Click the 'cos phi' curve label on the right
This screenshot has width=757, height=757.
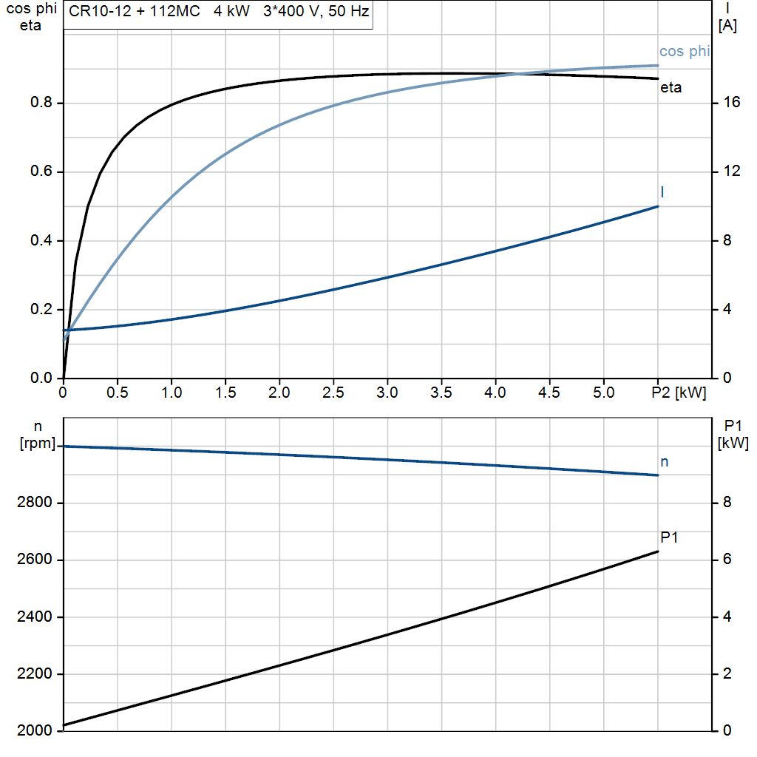point(684,51)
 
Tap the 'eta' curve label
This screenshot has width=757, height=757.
point(671,88)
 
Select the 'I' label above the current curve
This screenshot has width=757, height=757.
point(662,192)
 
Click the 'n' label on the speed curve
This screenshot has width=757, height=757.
point(664,462)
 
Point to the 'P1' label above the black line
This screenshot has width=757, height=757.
point(669,537)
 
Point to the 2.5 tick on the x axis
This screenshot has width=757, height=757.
point(333,393)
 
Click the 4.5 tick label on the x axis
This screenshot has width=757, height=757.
point(549,393)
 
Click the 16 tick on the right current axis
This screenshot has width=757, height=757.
point(732,103)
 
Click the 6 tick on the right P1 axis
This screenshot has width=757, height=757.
point(727,560)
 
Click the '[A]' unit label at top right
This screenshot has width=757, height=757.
point(728,25)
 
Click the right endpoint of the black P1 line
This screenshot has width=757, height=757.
point(658,551)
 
